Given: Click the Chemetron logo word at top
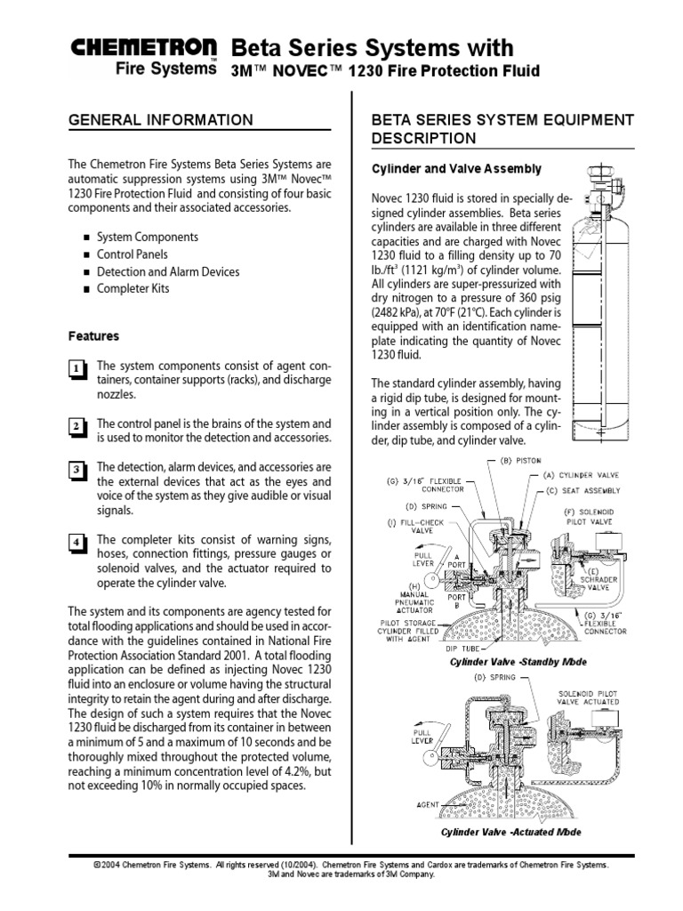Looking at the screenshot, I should point(145,48).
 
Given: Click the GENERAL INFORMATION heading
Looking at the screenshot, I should point(161,120).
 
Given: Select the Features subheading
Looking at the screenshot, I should point(93,336).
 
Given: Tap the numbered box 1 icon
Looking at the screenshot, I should point(77,369).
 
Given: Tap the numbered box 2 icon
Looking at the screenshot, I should point(77,427).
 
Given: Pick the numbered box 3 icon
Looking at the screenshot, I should point(77,470).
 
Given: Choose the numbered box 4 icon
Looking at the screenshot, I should point(77,543).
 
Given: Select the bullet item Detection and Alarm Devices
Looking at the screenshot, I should point(166,271).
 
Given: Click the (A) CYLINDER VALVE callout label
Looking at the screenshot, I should point(588,476).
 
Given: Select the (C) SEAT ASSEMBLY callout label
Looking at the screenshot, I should point(590,490).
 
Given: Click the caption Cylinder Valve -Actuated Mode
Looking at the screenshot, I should point(510,833).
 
